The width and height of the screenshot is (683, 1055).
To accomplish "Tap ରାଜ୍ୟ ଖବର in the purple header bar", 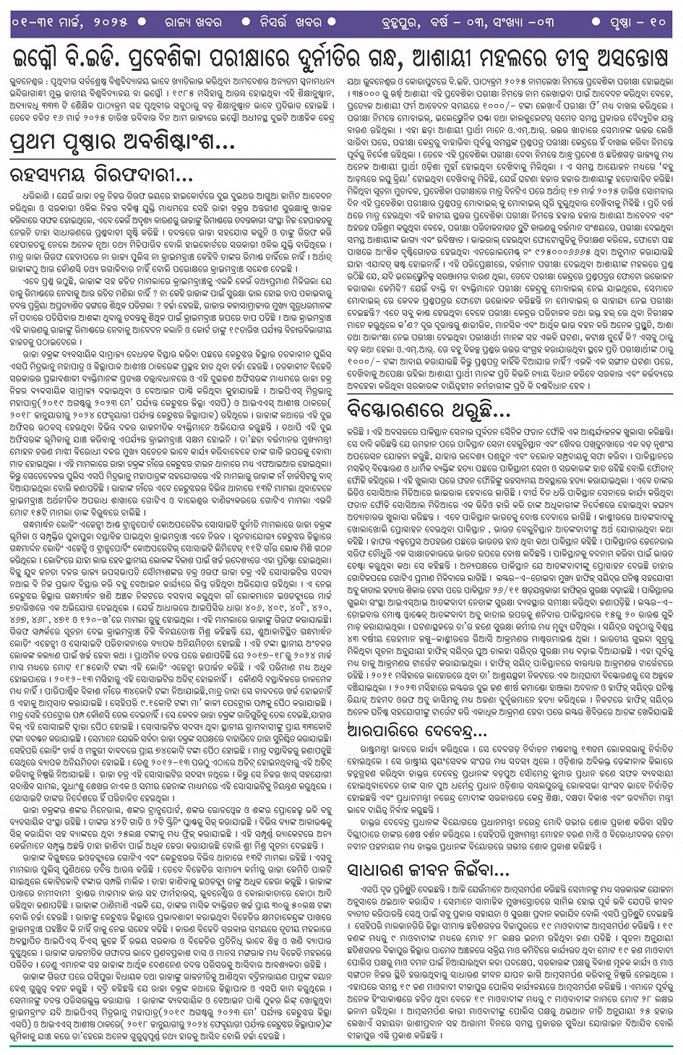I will click(190, 22).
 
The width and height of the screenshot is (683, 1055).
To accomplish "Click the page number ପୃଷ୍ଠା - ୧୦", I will click(637, 22).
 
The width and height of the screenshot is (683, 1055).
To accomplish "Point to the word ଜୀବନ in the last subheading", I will click(447, 868).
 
